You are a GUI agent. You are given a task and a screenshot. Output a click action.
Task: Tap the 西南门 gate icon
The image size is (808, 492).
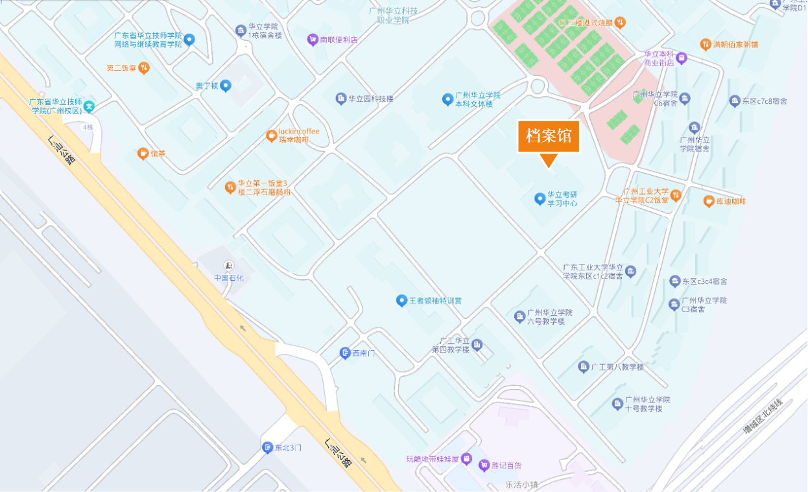click(345, 353)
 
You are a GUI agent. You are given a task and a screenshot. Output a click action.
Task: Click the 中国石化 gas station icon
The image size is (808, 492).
click(228, 266)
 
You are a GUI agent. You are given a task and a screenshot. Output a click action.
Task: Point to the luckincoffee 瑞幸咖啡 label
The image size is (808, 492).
click(299, 135)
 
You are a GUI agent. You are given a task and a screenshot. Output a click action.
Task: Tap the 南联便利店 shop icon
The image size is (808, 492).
click(313, 40)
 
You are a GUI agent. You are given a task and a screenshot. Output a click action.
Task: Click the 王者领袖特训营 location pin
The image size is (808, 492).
click(401, 301)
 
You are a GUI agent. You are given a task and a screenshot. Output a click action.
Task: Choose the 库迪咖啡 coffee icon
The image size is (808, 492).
click(709, 202)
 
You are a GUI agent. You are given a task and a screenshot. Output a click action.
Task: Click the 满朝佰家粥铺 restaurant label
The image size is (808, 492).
click(735, 45)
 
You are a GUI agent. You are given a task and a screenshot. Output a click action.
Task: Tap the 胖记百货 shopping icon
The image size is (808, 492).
click(484, 465)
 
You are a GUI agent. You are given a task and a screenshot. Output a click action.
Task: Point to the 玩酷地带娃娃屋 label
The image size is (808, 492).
click(433, 459)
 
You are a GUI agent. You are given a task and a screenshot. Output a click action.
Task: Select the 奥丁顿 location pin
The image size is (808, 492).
click(225, 86)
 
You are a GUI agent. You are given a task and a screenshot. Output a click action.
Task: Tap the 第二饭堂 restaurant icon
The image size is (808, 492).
click(144, 67)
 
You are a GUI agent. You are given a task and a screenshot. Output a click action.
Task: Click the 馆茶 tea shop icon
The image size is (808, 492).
click(143, 154)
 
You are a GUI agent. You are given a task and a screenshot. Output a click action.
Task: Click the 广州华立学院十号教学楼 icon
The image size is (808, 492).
click(617, 404)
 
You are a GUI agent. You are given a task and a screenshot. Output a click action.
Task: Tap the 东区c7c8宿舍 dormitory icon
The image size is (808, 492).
click(735, 101)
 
